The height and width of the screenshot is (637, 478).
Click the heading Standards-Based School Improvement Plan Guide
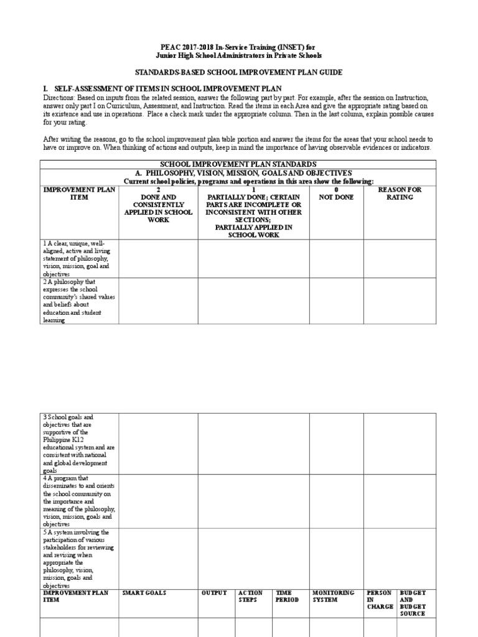pyautogui.click(x=239, y=73)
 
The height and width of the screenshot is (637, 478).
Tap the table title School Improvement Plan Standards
pyautogui.click(x=239, y=164)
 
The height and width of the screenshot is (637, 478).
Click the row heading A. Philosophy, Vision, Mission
pyautogui.click(x=239, y=172)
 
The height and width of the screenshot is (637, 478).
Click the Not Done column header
pyautogui.click(x=336, y=193)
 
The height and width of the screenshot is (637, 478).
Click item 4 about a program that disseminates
pyautogui.click(x=78, y=501)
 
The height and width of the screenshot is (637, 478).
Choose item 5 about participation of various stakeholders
pyautogui.click(x=78, y=559)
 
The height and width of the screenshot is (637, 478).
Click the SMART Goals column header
pyautogui.click(x=144, y=593)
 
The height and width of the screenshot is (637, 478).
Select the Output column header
pyautogui.click(x=214, y=593)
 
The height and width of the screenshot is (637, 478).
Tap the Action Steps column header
pyautogui.click(x=250, y=597)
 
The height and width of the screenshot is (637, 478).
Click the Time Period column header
pyautogui.click(x=288, y=597)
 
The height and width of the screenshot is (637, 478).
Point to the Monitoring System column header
pyautogui.click(x=333, y=597)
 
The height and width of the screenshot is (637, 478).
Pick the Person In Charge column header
pyautogui.click(x=380, y=600)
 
